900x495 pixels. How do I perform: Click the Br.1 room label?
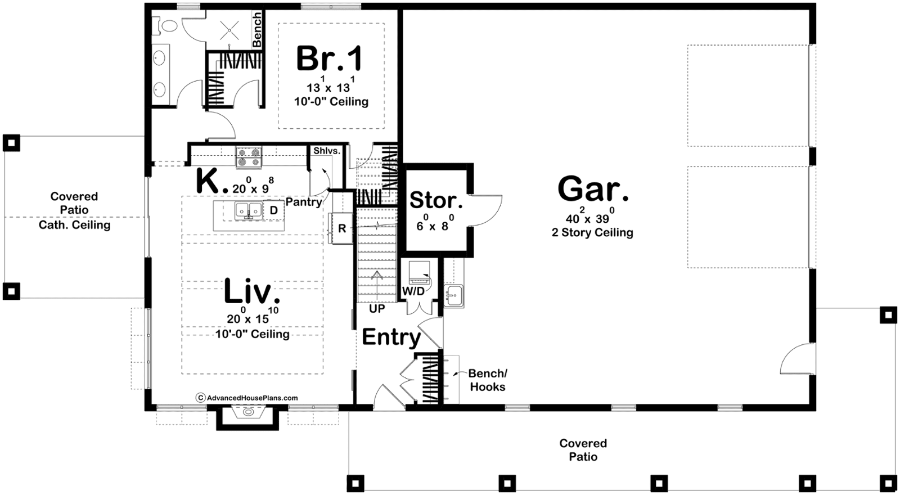point(329,58)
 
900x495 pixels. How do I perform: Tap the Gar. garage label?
point(593,189)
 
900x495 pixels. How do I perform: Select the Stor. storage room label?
point(436,200)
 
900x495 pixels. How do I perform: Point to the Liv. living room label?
point(252,291)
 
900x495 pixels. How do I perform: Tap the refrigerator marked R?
point(341,228)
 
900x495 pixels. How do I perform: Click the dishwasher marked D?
point(273,210)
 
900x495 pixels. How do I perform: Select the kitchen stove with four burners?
point(249,157)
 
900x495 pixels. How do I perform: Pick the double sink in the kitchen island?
point(249,210)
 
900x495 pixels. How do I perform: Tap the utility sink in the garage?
point(454,296)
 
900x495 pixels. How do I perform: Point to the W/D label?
point(413,292)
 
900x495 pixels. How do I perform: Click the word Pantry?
point(304,202)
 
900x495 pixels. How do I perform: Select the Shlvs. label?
point(327,151)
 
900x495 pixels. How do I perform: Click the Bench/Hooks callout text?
point(488,380)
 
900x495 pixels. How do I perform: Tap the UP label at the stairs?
point(377,309)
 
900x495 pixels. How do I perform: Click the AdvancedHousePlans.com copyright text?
point(247,398)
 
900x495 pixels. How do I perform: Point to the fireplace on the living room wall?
point(247,416)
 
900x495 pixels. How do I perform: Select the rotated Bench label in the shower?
point(256,29)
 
